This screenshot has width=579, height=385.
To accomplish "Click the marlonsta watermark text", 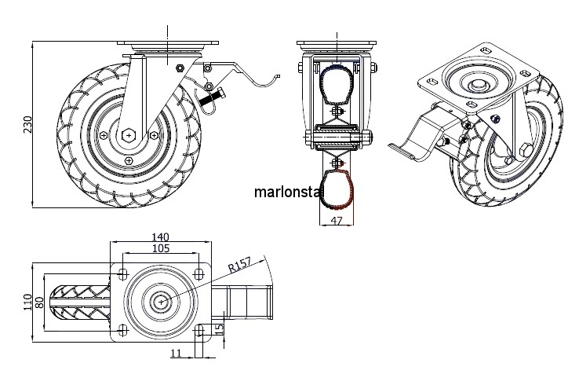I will pyautogui.click(x=287, y=191).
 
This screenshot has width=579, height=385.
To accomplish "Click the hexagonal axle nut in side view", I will pyautogui.click(x=129, y=134).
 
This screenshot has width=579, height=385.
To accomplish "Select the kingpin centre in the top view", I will pyautogui.click(x=162, y=301).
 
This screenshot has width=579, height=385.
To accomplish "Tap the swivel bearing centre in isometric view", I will pyautogui.click(x=475, y=84).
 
